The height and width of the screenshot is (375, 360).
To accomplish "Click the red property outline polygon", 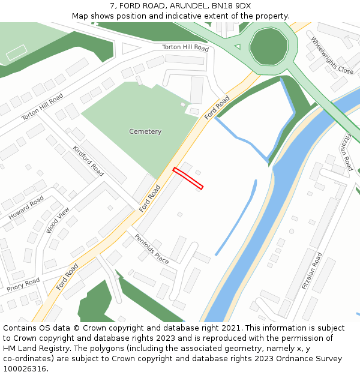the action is click(x=188, y=179).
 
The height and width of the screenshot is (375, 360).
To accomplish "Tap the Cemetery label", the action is click(x=145, y=131).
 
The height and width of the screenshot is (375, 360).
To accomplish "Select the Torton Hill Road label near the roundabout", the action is click(x=185, y=47).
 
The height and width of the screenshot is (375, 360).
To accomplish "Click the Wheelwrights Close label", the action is click(x=332, y=55).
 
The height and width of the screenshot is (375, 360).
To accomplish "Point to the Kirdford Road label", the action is click(x=88, y=161).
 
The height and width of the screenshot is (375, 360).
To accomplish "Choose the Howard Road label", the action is click(x=26, y=206).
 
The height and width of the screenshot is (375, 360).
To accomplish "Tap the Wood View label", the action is click(x=58, y=220).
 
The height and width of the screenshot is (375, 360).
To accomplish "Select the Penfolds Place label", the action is click(x=151, y=248).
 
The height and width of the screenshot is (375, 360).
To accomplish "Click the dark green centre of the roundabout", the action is click(x=268, y=46).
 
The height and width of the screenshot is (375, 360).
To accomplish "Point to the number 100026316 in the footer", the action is click(x=25, y=368).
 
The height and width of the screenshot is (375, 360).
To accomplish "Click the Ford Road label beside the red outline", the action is click(x=149, y=199).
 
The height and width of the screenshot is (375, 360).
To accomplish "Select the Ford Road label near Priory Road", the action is click(x=67, y=277).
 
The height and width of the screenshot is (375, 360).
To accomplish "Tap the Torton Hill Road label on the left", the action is click(x=42, y=107).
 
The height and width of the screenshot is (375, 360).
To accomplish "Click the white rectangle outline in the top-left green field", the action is click(x=16, y=52).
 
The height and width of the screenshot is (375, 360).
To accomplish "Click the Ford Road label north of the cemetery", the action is click(x=217, y=107).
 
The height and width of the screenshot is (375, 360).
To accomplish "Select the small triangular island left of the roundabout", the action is click(x=237, y=46).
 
